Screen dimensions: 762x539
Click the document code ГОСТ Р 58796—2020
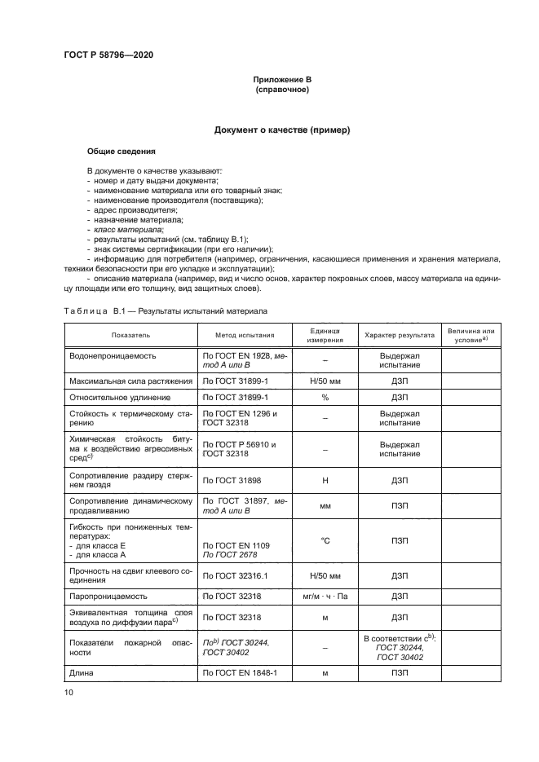click(108, 55)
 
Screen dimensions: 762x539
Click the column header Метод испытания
click(245, 334)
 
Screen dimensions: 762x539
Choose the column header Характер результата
click(400, 334)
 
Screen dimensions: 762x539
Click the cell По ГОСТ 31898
click(232, 481)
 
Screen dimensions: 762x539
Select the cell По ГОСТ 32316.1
click(235, 576)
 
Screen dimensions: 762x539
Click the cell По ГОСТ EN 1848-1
click(240, 673)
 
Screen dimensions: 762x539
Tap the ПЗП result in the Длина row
click(400, 673)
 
